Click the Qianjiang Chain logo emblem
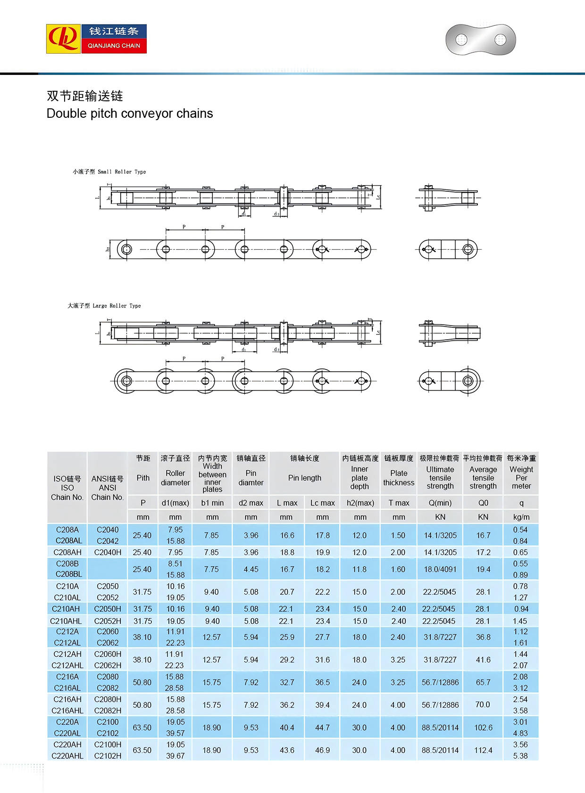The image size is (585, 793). coord(64,39)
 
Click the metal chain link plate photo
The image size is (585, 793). coord(480,40)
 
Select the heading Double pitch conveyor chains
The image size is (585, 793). coord(130,114)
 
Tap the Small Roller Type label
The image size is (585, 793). coord(109,172)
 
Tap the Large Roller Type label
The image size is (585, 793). coord(104,306)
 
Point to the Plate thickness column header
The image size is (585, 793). coord(399,477)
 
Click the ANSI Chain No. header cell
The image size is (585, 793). coord(108,488)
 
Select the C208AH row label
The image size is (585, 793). coord(67,552)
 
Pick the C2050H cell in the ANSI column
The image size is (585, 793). coord(108,609)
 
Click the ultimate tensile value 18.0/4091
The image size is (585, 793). coord(440,569)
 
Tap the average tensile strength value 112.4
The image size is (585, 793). coord(483,750)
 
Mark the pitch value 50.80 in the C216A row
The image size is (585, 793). coord(142,682)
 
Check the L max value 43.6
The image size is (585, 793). coord(287,750)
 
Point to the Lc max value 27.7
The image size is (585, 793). coord(322,637)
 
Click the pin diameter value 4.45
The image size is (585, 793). coord(251,569)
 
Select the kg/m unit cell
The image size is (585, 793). coord(521,517)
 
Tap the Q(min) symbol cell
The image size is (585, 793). coord(440,503)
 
